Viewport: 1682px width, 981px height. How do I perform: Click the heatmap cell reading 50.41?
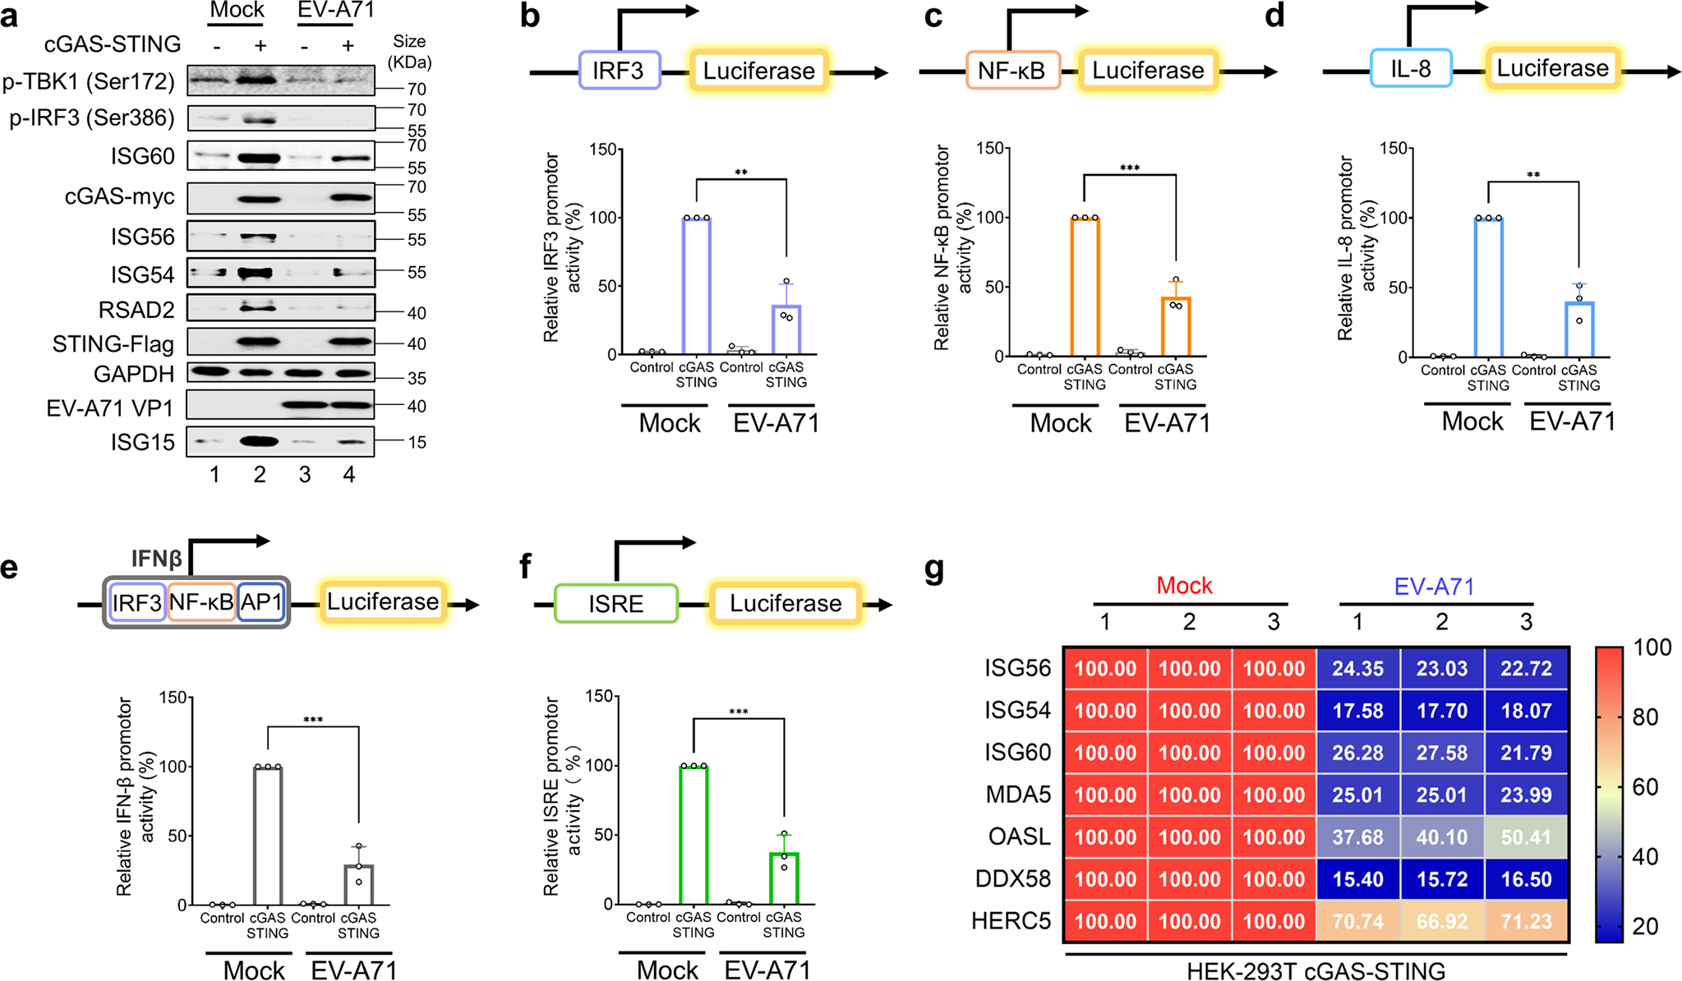point(1526,837)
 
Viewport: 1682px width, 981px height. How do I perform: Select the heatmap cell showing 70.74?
point(1357,921)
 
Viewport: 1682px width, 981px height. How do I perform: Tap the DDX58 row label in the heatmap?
point(1012,879)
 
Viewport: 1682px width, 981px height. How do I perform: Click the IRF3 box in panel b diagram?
point(619,71)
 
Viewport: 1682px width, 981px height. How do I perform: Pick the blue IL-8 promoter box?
point(1410,68)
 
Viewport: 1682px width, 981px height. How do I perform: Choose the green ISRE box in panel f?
point(615,604)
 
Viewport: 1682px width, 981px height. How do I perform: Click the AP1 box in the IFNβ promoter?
point(261,602)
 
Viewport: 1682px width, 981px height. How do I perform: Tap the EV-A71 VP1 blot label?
point(110,408)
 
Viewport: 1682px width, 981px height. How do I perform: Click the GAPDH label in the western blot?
point(134,375)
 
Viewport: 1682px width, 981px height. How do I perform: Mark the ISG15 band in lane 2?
point(259,441)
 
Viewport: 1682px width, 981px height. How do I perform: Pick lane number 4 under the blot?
point(349,475)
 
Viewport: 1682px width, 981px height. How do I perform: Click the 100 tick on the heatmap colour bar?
point(1652,647)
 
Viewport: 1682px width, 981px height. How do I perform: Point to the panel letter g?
point(934,568)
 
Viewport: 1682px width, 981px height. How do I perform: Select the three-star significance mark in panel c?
point(1129,168)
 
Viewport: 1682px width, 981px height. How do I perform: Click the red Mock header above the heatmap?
point(1184,586)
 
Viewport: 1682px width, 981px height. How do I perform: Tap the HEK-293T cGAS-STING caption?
point(1316,970)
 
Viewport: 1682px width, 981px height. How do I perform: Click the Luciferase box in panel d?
point(1552,68)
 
